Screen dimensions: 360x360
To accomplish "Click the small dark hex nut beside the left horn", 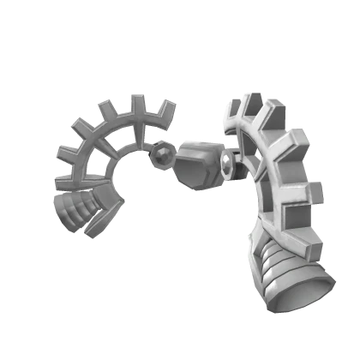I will [159, 154].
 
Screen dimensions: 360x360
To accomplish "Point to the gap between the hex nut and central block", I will [172, 157].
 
